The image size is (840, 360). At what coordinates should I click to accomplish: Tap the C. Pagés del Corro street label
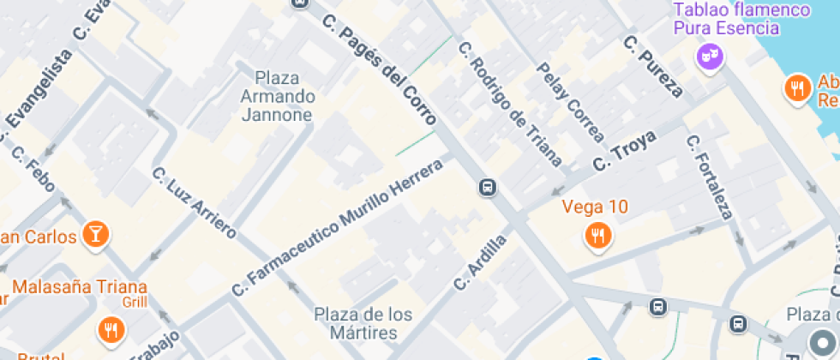(380, 71)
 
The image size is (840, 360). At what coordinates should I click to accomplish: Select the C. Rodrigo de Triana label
(510, 104)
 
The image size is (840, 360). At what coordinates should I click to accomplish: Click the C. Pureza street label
(653, 66)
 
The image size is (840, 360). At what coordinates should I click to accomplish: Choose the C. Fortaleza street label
(710, 177)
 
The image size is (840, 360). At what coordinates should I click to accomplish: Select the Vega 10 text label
(595, 207)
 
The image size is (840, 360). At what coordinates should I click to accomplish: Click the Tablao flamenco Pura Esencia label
(741, 19)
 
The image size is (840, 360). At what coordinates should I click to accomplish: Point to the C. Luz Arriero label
(194, 202)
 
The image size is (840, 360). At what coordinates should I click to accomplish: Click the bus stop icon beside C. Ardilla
(488, 187)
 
